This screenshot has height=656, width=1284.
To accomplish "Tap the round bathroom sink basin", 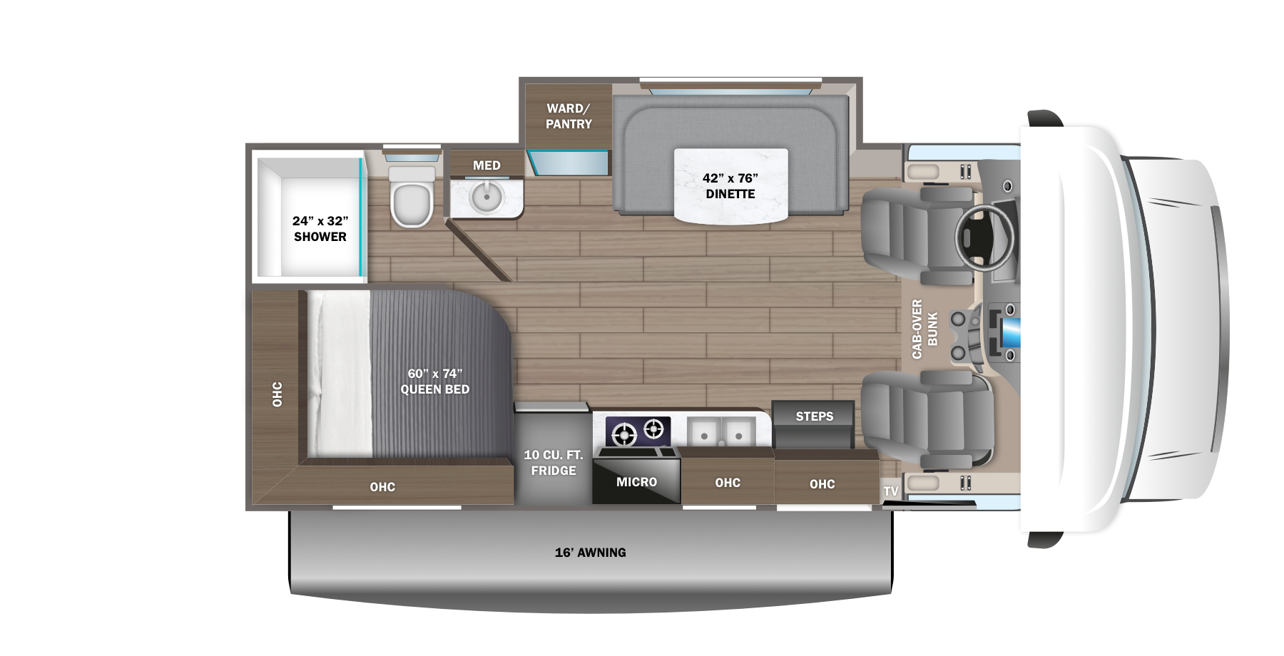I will coord(486,197).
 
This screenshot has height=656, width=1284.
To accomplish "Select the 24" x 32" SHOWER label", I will coord(320,229).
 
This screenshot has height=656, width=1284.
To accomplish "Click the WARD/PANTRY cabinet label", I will coord(569,116).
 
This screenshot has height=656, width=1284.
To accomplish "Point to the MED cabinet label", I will coord(486,165).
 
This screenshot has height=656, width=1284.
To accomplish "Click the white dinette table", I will coord(730,186).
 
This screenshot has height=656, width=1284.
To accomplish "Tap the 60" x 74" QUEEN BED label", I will coord(435,381).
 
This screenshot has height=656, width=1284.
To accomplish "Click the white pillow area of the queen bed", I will coord(340,374).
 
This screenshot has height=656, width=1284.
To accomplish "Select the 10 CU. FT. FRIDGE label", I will coord(554,463).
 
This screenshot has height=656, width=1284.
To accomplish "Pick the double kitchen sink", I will coord(721,433).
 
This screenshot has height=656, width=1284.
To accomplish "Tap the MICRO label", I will coord(636,483).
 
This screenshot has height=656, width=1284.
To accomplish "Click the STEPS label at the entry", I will coord(814,416).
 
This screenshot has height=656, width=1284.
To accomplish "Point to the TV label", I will coord(891,491).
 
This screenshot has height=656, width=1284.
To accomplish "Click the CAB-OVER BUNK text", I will coord(924,329).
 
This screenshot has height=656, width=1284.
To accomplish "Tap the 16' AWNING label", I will coord(591,553).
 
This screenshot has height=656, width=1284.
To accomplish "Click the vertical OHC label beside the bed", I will coord(277,394).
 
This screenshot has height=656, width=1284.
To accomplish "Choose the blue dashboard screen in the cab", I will coord(1010,332).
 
